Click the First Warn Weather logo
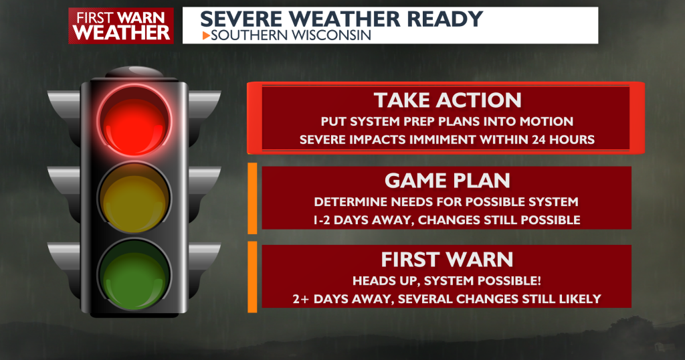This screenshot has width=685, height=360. (x=120, y=25)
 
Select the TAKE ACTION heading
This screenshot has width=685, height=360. (x=447, y=100)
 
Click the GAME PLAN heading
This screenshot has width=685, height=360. (x=447, y=180)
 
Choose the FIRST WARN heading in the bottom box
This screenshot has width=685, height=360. (x=447, y=258)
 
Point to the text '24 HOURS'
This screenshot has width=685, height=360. (x=562, y=139)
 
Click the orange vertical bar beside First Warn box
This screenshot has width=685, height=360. (x=252, y=276)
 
